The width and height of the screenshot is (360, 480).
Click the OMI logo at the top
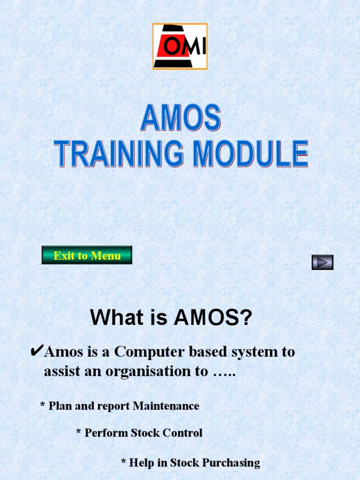[x=180, y=46]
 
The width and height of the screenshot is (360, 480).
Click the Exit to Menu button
[x=87, y=255]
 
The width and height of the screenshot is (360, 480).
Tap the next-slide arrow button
[x=322, y=262]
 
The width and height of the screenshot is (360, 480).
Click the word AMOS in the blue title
[x=180, y=118]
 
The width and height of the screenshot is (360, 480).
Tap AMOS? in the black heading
[x=213, y=318]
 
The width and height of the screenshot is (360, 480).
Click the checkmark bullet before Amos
[x=36, y=351]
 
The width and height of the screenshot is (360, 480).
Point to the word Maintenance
[x=166, y=406]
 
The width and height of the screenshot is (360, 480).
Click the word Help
[x=141, y=463]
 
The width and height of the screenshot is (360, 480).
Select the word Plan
[x=60, y=406]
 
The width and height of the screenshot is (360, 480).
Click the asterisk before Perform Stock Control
[x=78, y=433]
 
